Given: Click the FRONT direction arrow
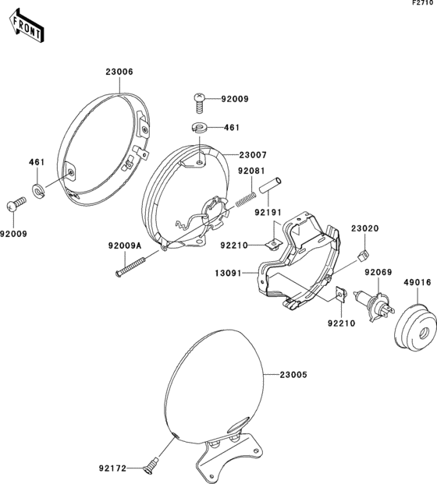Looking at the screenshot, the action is pos(27,25).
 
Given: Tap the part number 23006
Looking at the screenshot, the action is pos(119,72).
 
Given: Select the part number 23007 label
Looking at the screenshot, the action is pos(253,154).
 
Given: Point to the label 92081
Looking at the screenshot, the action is pos(251,171).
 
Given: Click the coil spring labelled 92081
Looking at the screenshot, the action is pos(246,199).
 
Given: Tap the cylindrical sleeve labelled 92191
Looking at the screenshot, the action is pos(270,185).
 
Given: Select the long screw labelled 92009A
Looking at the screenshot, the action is pos(132,265).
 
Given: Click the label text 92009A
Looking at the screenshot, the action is pos(125,246).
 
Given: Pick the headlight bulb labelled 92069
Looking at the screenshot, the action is pos(374,305).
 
